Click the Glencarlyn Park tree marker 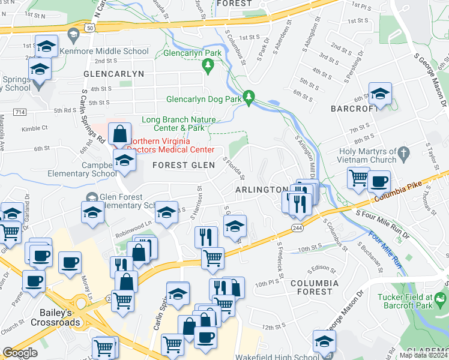(208, 65)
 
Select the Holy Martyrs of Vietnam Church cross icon (404, 154)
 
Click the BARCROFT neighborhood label (354, 109)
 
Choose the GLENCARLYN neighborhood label (114, 74)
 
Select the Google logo (20, 353)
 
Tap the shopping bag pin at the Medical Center (120, 133)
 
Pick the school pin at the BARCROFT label (380, 93)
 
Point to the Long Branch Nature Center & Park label (178, 124)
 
